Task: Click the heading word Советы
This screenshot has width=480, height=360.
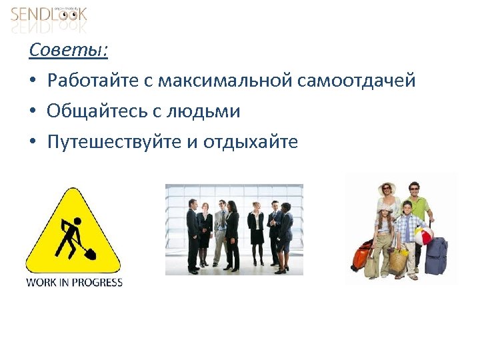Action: (69, 50)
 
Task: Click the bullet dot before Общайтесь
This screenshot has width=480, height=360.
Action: (33, 112)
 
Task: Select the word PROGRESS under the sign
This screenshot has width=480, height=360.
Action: (97, 282)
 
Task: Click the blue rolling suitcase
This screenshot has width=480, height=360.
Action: (436, 257)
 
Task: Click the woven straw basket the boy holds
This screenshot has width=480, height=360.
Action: (399, 260)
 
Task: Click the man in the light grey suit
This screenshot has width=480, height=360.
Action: (219, 233)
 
